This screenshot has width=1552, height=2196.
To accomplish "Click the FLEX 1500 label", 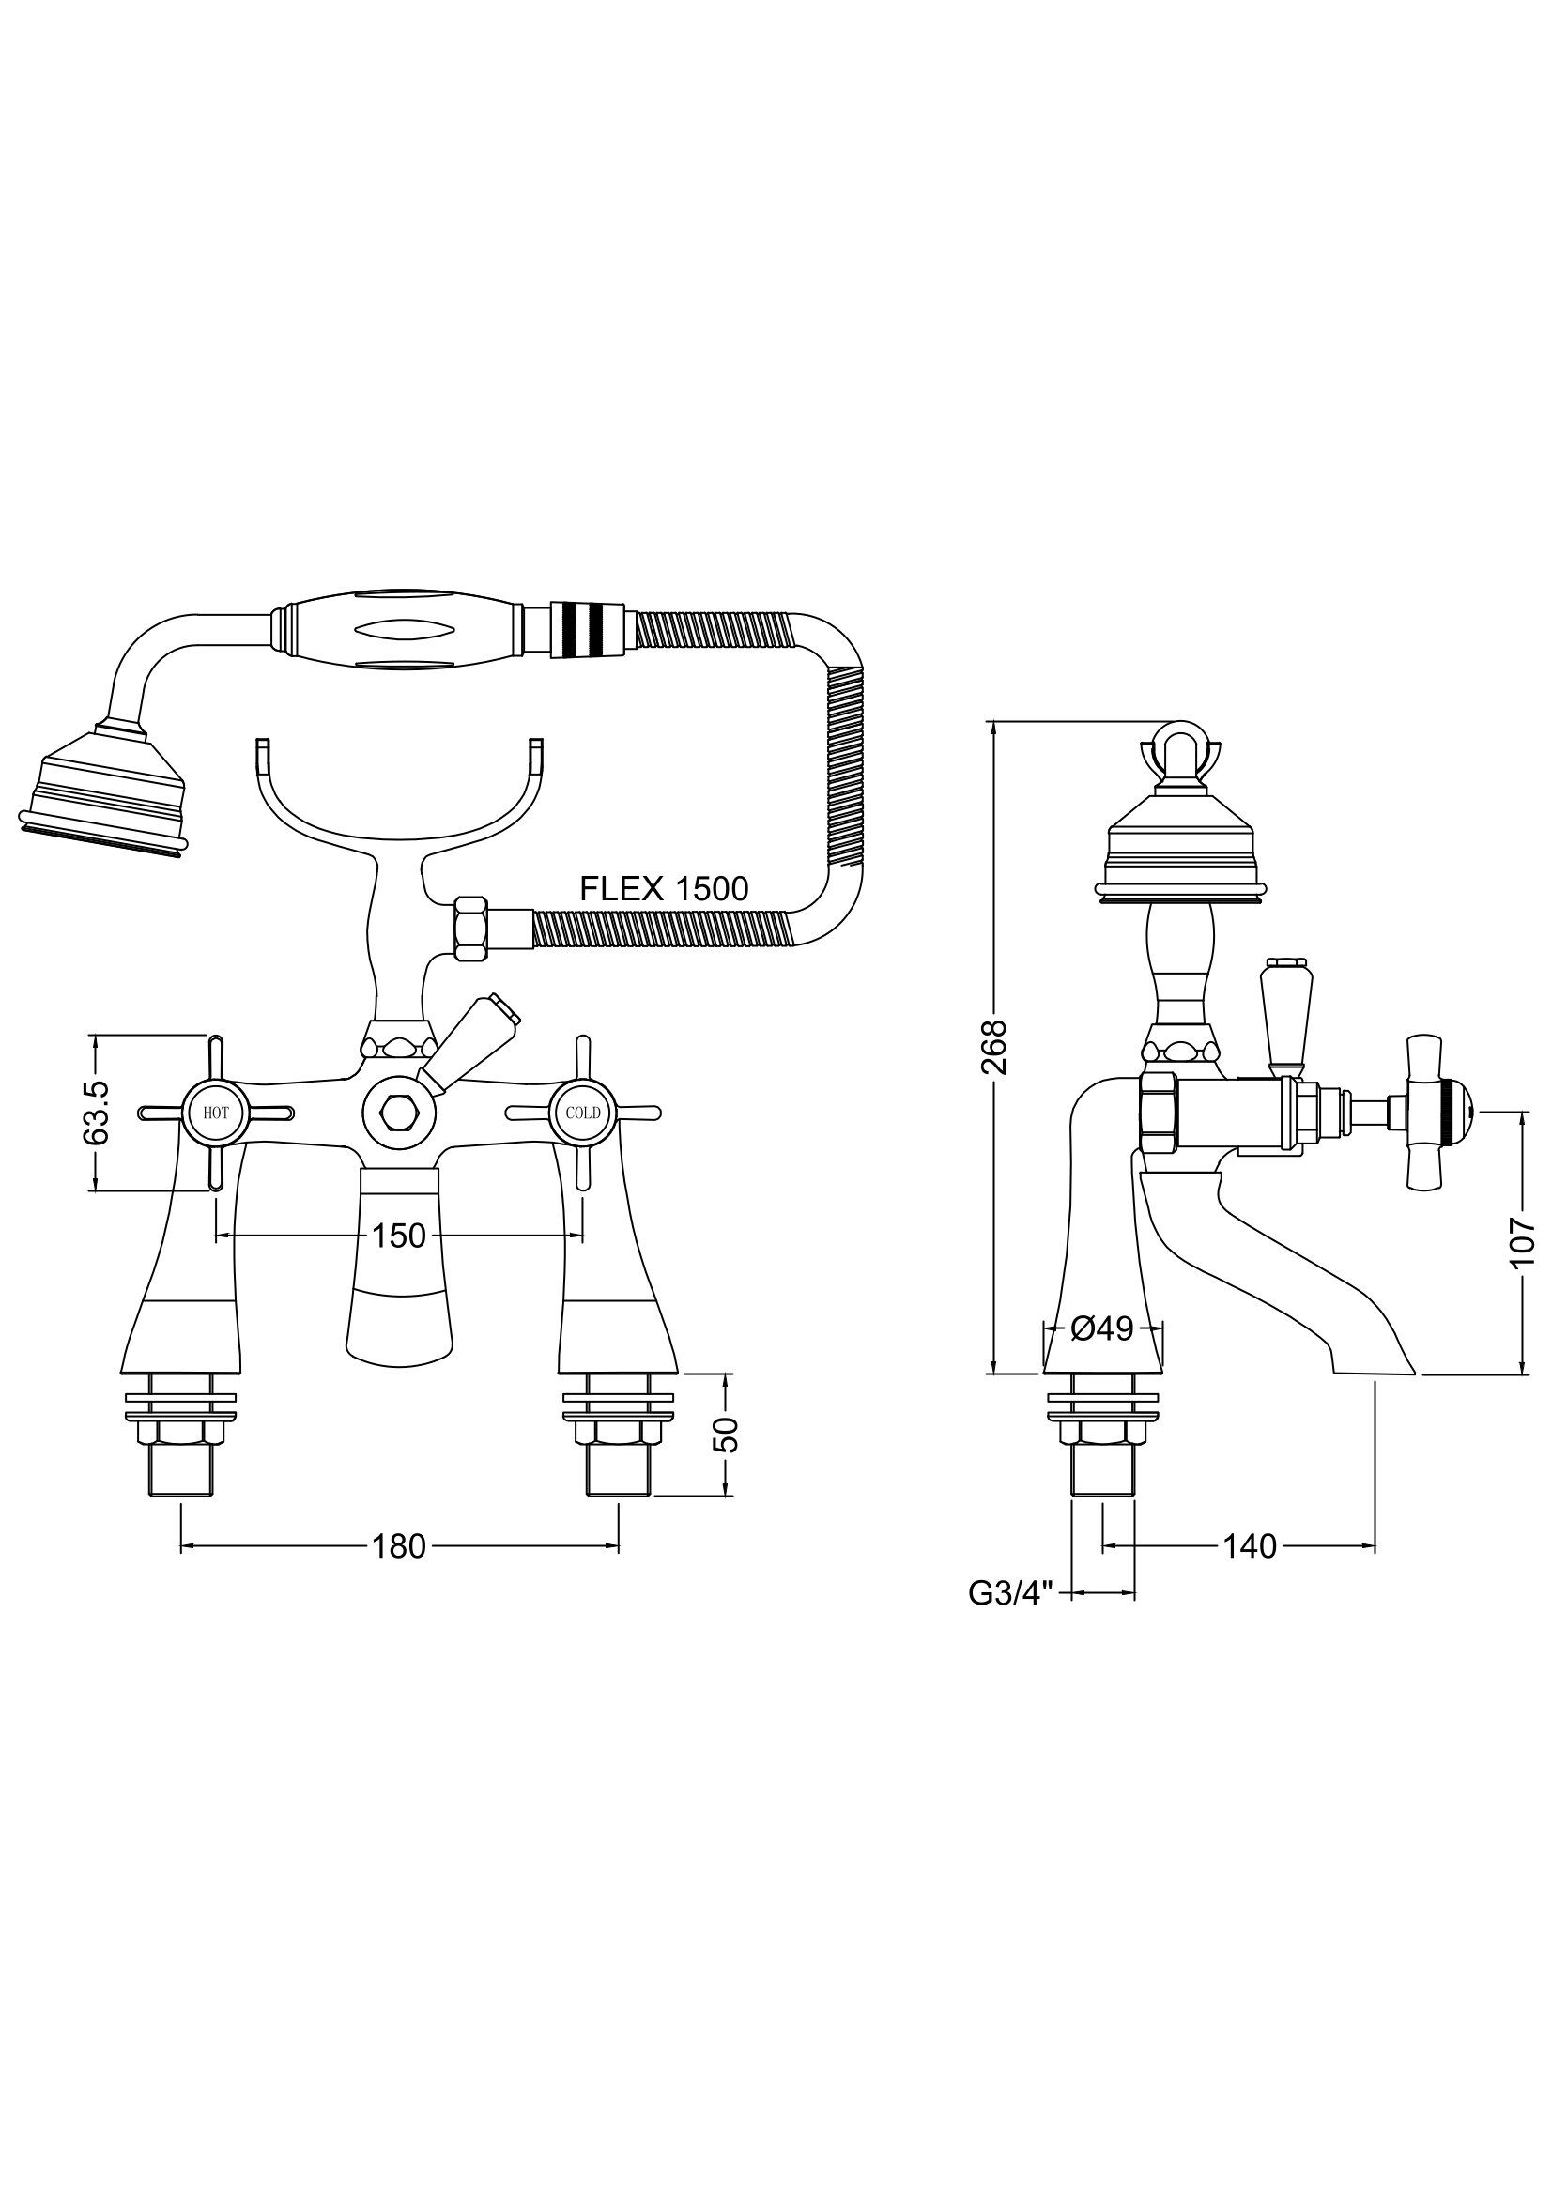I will (x=664, y=888).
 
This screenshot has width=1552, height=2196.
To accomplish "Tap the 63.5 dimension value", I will (x=98, y=1112).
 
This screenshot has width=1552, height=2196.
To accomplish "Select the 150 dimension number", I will (x=399, y=1236).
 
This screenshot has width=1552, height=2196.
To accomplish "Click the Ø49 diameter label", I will (x=1102, y=1328).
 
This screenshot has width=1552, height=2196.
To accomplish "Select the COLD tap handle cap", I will (x=582, y=1113).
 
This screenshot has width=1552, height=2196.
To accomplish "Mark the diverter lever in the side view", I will (x=1282, y=1013).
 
